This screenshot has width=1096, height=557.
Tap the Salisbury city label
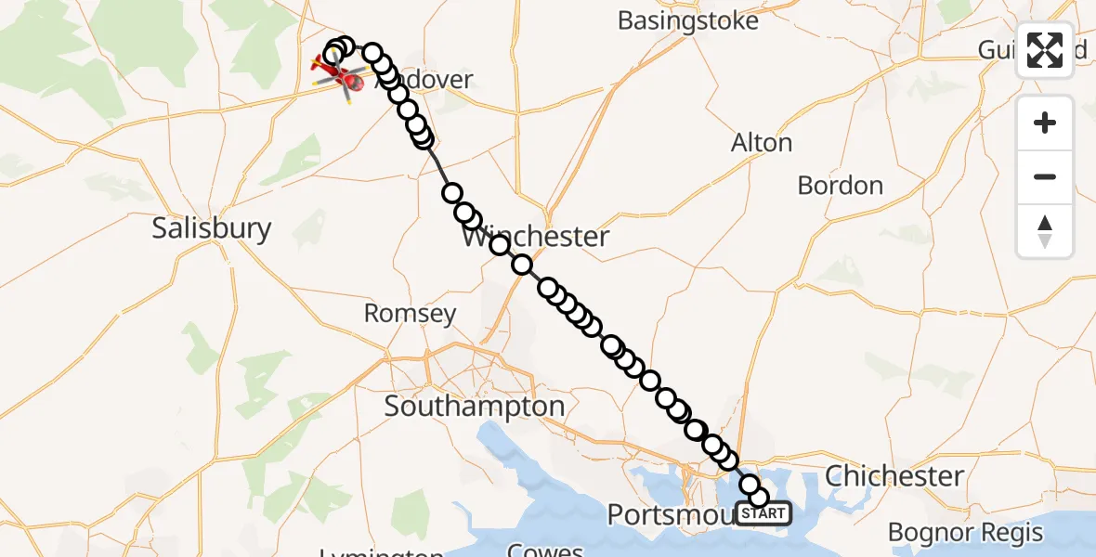coord(212,228)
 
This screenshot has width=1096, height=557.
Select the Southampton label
coord(475,406)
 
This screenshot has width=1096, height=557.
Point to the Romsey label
coord(410,314)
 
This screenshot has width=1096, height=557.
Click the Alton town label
coord(762,143)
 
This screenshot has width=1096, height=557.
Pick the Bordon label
coord(840,186)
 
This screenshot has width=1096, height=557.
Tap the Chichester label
coord(894,476)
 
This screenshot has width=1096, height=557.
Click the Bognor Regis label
coord(965,533)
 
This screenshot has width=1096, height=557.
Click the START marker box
coord(763,512)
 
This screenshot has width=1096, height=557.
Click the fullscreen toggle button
coord(1045,50)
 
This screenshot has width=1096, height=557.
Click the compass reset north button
coord(1045,230)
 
